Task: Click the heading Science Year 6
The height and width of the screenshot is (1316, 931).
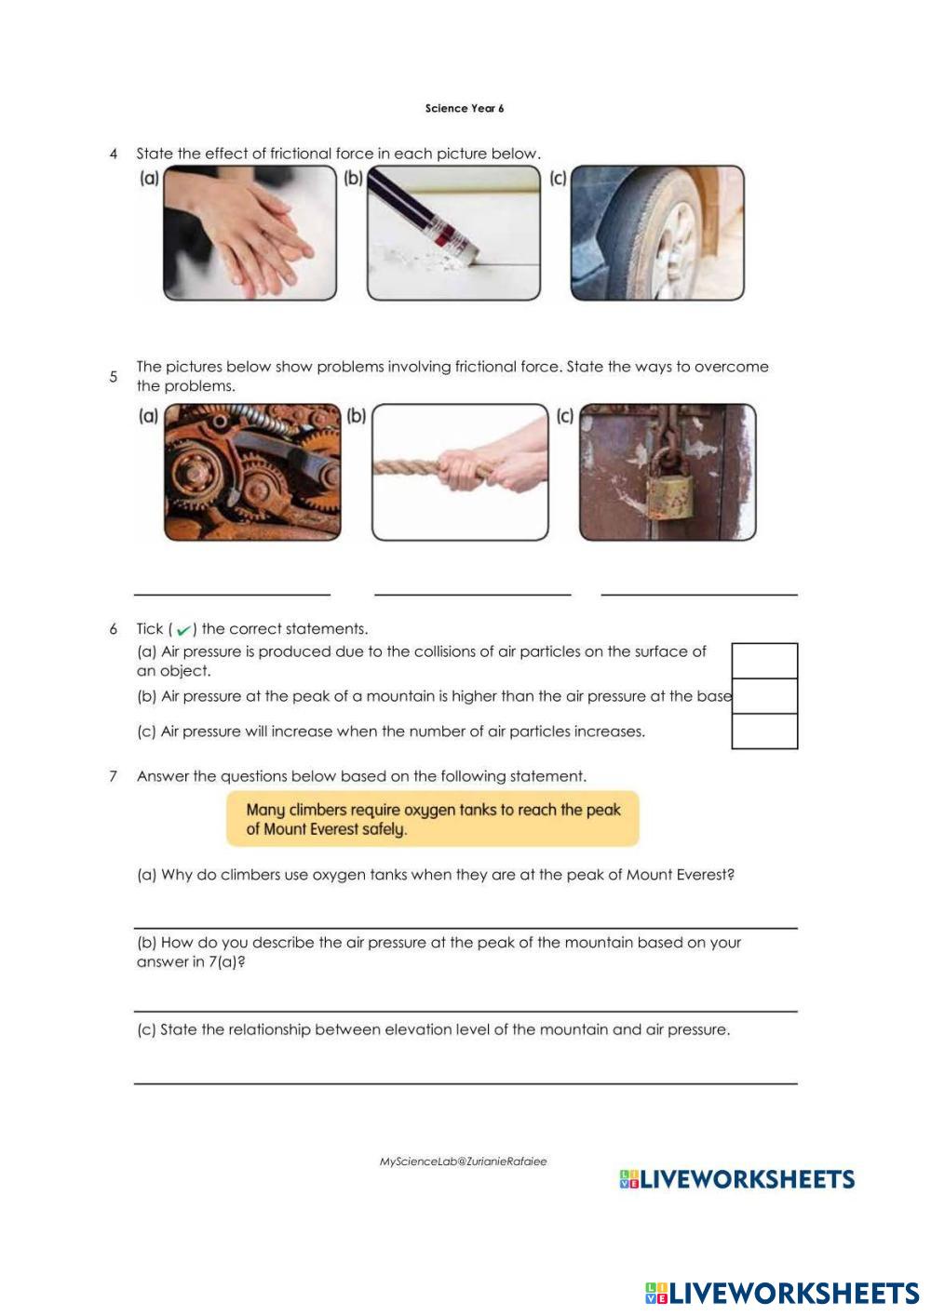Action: (465, 109)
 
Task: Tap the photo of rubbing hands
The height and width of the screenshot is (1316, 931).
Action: (250, 234)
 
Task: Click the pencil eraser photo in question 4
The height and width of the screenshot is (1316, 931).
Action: (453, 234)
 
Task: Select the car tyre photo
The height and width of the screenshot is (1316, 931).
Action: (657, 234)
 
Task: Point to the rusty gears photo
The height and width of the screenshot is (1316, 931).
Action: (252, 472)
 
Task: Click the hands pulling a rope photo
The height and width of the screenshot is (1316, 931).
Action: (460, 472)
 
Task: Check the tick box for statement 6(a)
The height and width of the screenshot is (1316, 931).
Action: (764, 661)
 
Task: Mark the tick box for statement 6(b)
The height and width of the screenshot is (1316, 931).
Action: (764, 696)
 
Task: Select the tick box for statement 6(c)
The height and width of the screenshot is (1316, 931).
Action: (764, 732)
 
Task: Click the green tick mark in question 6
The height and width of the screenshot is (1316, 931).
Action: (183, 630)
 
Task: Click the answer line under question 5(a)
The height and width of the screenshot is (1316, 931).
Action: (232, 595)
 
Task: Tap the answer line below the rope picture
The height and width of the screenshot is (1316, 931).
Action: (473, 595)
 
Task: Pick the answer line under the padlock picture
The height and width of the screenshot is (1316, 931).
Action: (699, 595)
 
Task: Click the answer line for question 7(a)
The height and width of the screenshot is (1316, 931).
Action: (465, 928)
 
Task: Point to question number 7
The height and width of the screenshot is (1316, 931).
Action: (113, 777)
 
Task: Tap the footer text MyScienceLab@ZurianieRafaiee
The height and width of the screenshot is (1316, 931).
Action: (463, 1162)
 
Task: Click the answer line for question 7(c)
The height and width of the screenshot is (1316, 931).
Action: (465, 1083)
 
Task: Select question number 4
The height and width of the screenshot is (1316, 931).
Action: (114, 154)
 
